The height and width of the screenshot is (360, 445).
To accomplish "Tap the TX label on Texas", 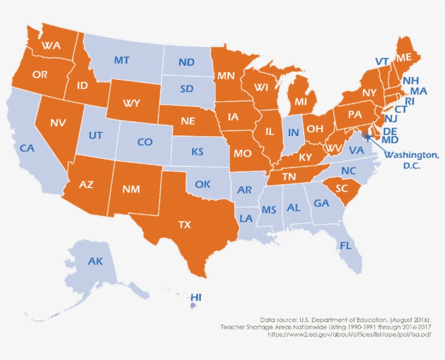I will tap(185, 224).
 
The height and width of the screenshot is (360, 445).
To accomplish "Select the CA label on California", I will tap(28, 147).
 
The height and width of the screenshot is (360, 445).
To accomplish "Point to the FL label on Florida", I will tap(346, 246).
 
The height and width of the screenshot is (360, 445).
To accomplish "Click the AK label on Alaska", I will tap(96, 261).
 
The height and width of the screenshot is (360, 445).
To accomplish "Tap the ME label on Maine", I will tap(404, 57).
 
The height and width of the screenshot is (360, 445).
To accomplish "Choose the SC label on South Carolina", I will tap(342, 188).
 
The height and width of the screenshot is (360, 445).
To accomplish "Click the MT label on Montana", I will tap(122, 60).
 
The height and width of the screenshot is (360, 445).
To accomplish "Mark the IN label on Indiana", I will tap(294, 132).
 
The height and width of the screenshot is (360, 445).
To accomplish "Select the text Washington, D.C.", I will tap(411, 160).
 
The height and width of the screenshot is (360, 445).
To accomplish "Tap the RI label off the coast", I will tap(410, 100).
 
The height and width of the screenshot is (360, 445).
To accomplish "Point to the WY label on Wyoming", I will tap(132, 102).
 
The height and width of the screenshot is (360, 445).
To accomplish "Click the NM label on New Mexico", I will tap(131, 189).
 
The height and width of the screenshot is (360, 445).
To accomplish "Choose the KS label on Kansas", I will tap(198, 152).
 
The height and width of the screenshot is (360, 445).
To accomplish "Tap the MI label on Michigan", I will tap(287, 101).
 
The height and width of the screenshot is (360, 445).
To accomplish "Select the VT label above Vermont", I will tap(382, 61).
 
